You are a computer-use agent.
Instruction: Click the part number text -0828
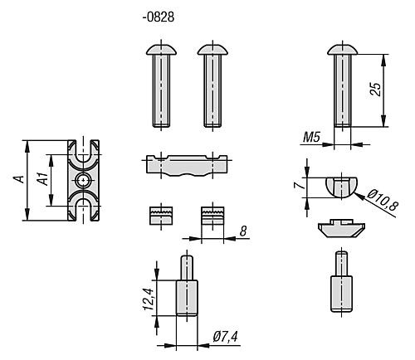tap(159, 17)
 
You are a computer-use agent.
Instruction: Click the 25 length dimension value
tap(375, 89)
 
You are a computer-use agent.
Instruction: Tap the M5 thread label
tap(311, 137)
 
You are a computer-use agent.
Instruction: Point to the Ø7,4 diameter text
tap(225, 337)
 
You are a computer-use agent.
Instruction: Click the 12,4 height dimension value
tap(149, 299)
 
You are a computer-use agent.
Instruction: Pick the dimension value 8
tap(243, 231)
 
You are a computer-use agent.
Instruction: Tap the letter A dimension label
tap(19, 179)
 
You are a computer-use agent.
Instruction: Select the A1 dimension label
tap(43, 179)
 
